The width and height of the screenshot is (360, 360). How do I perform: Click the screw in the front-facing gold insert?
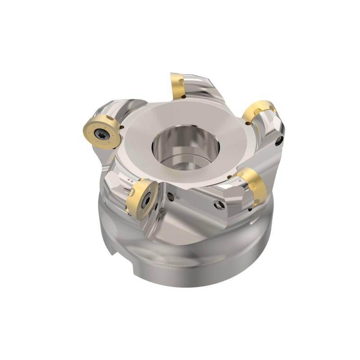pyautogui.click(x=144, y=202)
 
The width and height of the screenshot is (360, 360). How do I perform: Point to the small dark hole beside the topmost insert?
pyautogui.click(x=185, y=97)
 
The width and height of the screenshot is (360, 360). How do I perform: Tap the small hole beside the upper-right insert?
pyautogui.click(x=246, y=122)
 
